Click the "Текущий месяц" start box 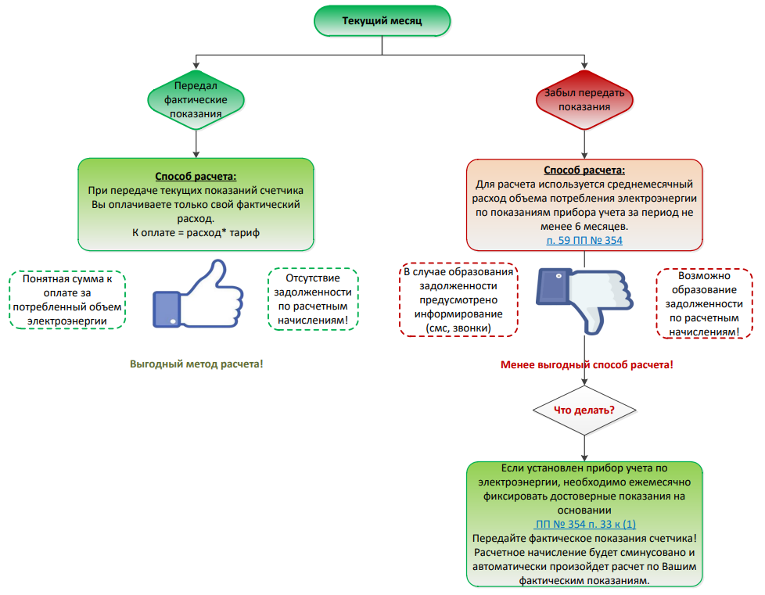click(x=382, y=21)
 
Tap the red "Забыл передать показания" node click(x=584, y=99)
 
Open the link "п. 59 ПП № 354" click(x=584, y=240)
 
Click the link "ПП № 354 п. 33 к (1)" click(x=584, y=523)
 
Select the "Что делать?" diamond click(x=584, y=410)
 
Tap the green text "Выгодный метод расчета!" click(x=196, y=364)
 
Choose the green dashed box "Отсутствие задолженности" click(x=313, y=299)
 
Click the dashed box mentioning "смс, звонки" click(x=458, y=300)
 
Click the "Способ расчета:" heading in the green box click(x=196, y=177)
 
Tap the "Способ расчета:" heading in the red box click(x=584, y=170)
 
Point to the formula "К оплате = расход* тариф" click(x=196, y=233)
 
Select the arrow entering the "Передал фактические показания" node click(x=196, y=66)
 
